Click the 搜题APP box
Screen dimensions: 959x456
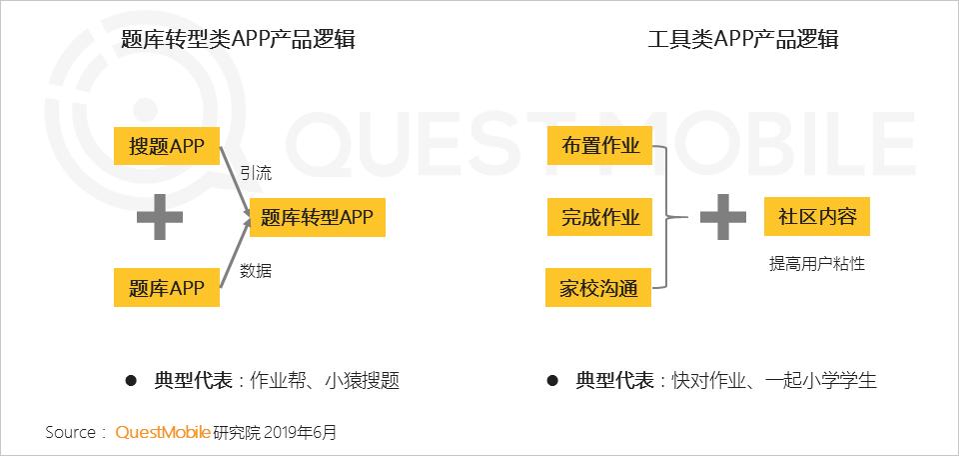[167, 146]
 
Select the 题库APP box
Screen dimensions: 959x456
[167, 288]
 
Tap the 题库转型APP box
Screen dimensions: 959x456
[317, 217]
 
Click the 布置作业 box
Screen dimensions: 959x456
[600, 146]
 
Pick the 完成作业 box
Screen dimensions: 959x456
[600, 217]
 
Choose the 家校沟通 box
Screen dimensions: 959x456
[598, 288]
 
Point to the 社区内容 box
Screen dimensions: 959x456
[817, 217]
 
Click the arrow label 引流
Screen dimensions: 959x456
[256, 174]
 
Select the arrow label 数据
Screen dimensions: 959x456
[256, 271]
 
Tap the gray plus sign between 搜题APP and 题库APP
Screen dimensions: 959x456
[160, 217]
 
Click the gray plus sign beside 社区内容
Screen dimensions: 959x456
[723, 217]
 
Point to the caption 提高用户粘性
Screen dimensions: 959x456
[817, 264]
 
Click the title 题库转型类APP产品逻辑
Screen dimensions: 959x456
[238, 40]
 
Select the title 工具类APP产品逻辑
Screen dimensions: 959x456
[743, 40]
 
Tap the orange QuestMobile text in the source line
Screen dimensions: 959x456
[163, 433]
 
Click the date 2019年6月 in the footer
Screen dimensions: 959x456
[302, 433]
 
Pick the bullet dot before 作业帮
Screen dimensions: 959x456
[131, 381]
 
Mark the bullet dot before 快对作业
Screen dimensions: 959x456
[552, 381]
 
